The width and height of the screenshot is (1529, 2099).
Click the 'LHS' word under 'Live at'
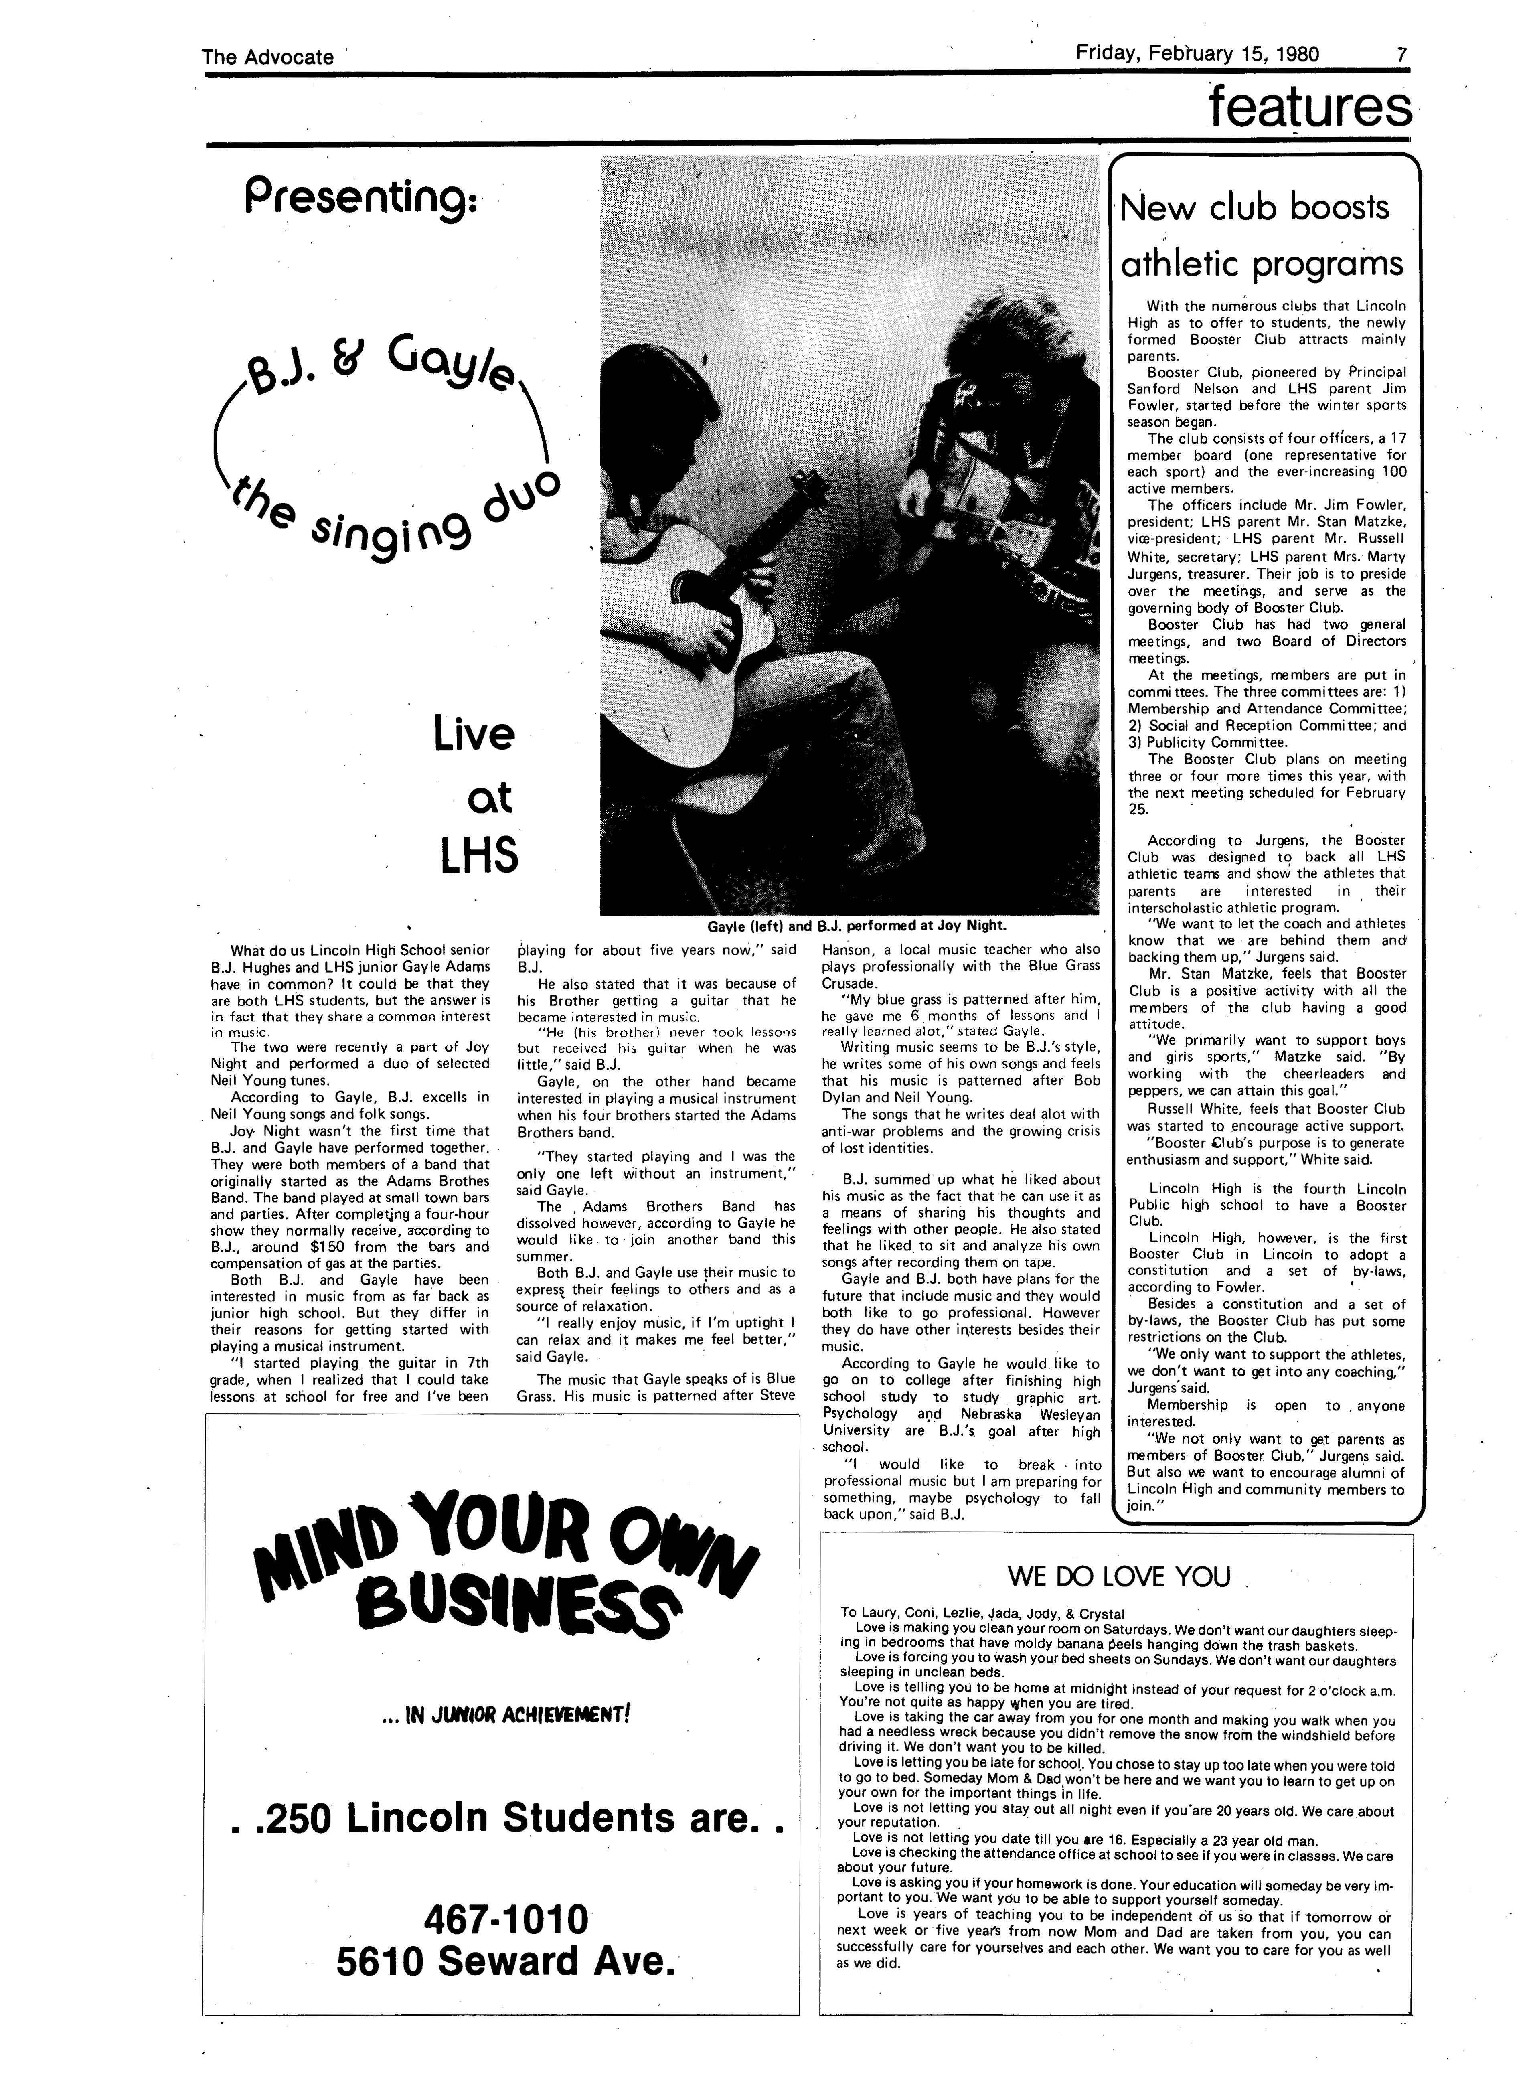[x=478, y=856]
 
